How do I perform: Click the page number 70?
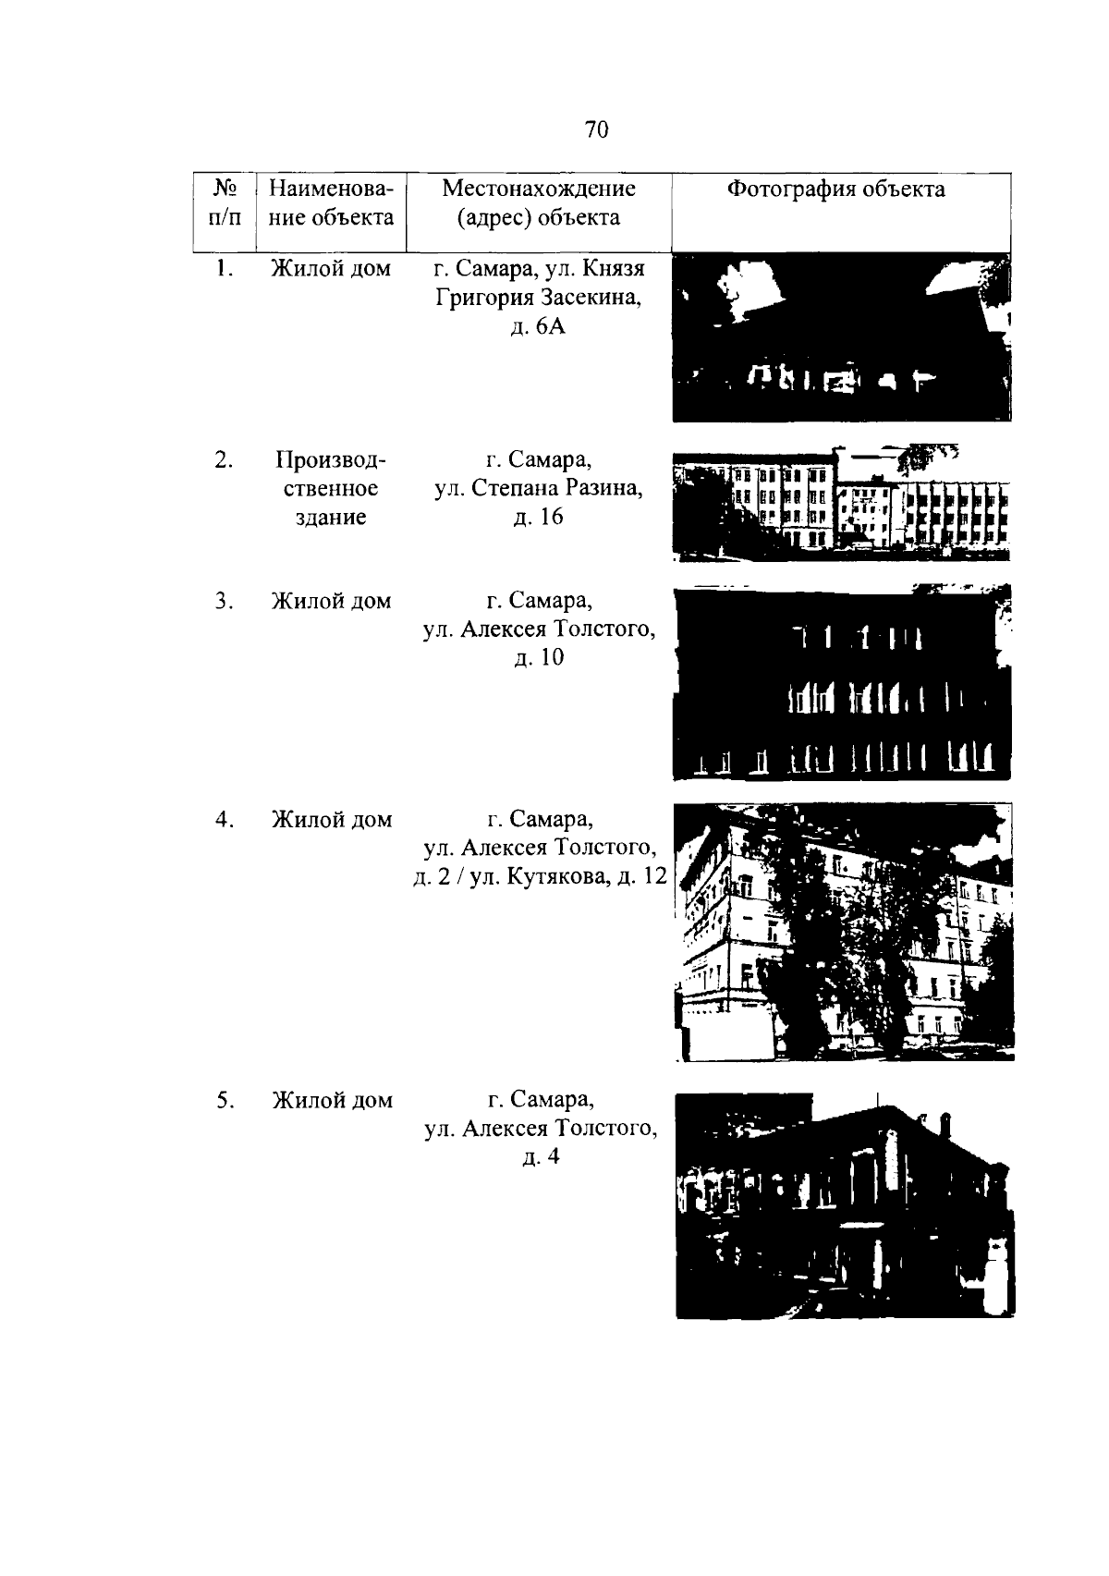pos(596,129)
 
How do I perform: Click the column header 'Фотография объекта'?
pos(835,189)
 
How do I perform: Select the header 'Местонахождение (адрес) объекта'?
pos(539,202)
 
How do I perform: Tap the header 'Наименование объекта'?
pos(331,202)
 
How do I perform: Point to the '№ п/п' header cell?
pos(225,202)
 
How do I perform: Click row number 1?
pos(225,268)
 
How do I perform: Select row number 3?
pos(225,601)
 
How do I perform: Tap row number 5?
pos(225,1100)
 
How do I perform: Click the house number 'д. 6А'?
pos(538,327)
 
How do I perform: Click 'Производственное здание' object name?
pos(331,488)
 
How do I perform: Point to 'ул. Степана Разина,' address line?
pos(538,488)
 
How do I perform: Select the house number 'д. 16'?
pos(538,517)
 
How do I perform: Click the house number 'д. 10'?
pos(539,658)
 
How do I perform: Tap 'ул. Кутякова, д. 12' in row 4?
pos(567,876)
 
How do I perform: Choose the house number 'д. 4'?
pos(541,1156)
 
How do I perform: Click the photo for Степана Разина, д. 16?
pos(841,502)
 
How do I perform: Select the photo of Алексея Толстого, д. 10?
pos(842,682)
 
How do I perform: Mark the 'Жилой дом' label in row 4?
pos(332,820)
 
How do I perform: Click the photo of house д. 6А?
pos(842,337)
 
